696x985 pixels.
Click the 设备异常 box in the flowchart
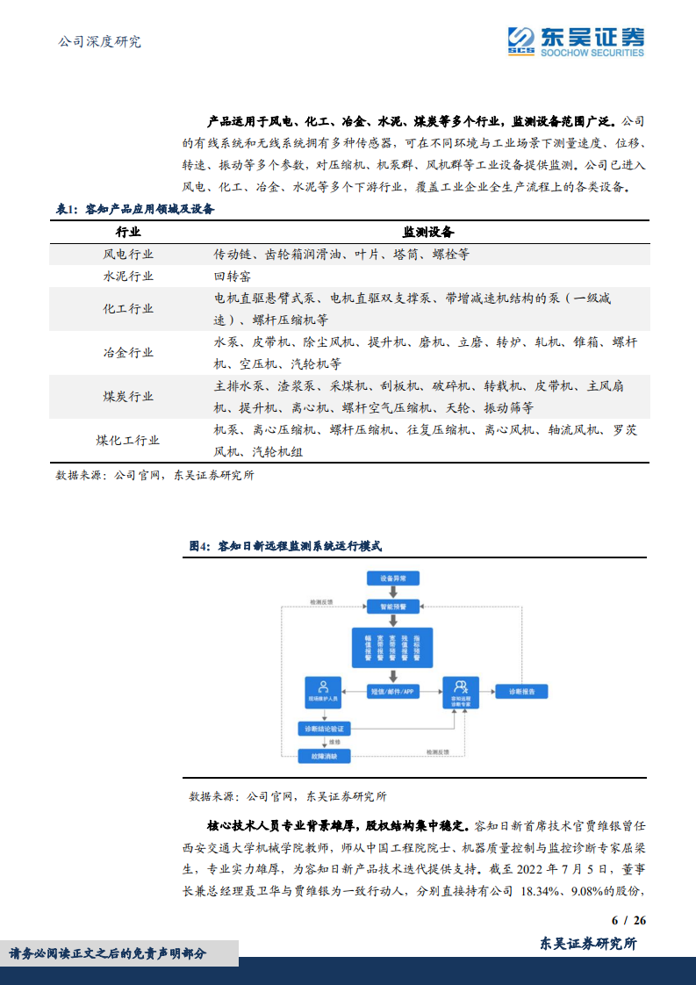[x=393, y=579]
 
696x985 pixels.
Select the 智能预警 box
[x=393, y=606]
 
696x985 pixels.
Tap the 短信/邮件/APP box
[x=393, y=692]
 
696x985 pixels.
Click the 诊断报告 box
[x=520, y=692]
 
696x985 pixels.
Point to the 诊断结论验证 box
[x=324, y=729]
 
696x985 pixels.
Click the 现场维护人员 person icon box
[x=324, y=692]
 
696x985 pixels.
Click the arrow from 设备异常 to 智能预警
[x=393, y=593]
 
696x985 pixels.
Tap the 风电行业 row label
[x=128, y=255]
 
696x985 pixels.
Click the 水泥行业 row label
[x=128, y=276]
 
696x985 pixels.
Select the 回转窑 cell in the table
[x=233, y=276]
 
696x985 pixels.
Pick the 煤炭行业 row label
[x=128, y=397]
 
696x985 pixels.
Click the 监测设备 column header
[x=428, y=232]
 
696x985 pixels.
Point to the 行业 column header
[x=128, y=232]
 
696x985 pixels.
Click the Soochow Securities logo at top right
[x=576, y=40]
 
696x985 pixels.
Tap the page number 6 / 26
[x=628, y=920]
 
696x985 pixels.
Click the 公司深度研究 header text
[x=98, y=41]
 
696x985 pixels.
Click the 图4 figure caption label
[x=201, y=546]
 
